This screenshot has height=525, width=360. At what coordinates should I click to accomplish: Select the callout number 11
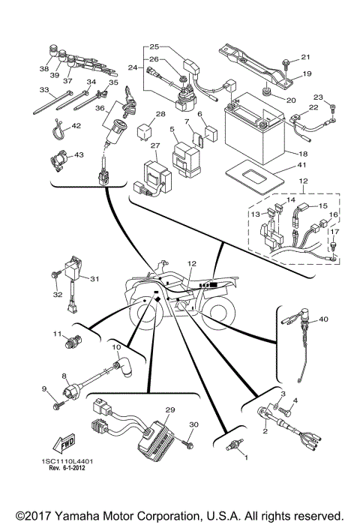click(x=56, y=333)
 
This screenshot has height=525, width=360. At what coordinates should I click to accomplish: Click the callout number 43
click(x=79, y=154)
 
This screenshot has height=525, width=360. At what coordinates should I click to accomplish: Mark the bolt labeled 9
click(x=57, y=406)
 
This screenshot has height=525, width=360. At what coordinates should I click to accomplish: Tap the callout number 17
click(x=335, y=232)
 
